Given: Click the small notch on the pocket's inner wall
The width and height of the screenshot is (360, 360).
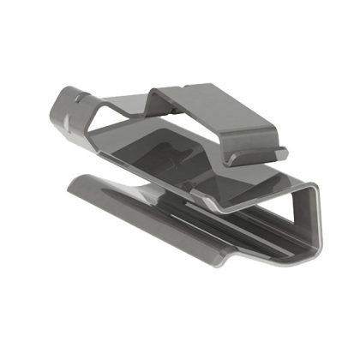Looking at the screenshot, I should pos(180,157).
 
